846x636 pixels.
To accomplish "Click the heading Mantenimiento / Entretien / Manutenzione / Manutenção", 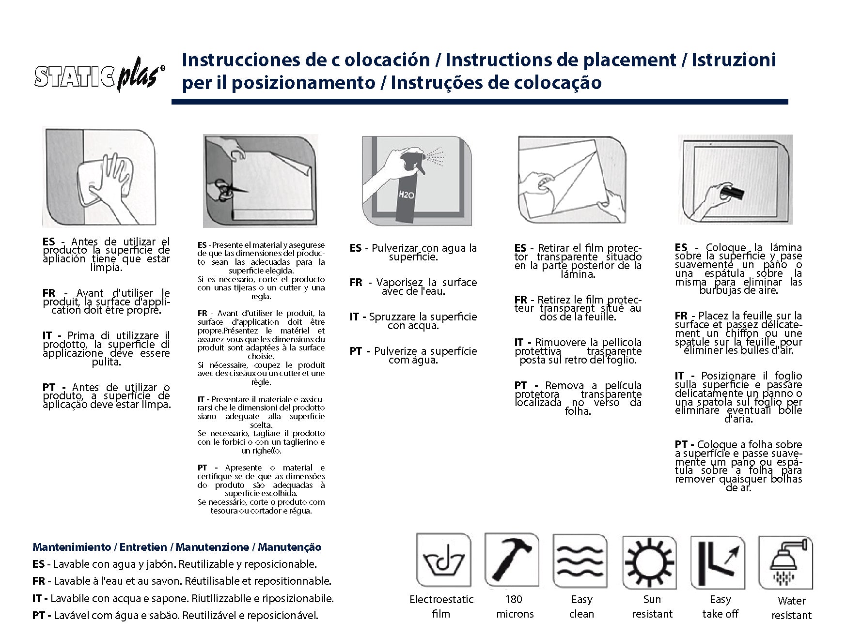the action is coord(176,547).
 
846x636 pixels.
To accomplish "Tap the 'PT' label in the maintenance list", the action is coord(39,616).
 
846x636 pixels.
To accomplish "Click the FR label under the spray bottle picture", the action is coord(356,283).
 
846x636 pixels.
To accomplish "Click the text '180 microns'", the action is coord(514,606).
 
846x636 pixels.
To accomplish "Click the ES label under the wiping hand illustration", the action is coord(48,242).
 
